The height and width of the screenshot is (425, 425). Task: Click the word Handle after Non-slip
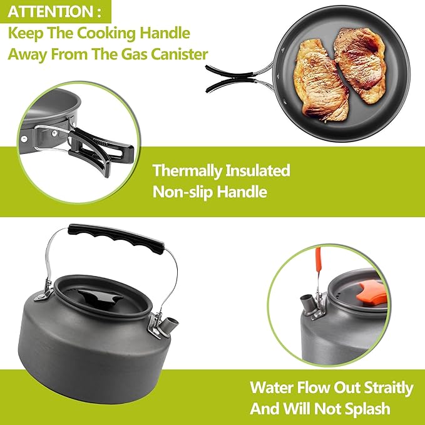click(x=245, y=192)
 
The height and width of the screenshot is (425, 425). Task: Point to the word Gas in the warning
click(x=123, y=54)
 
